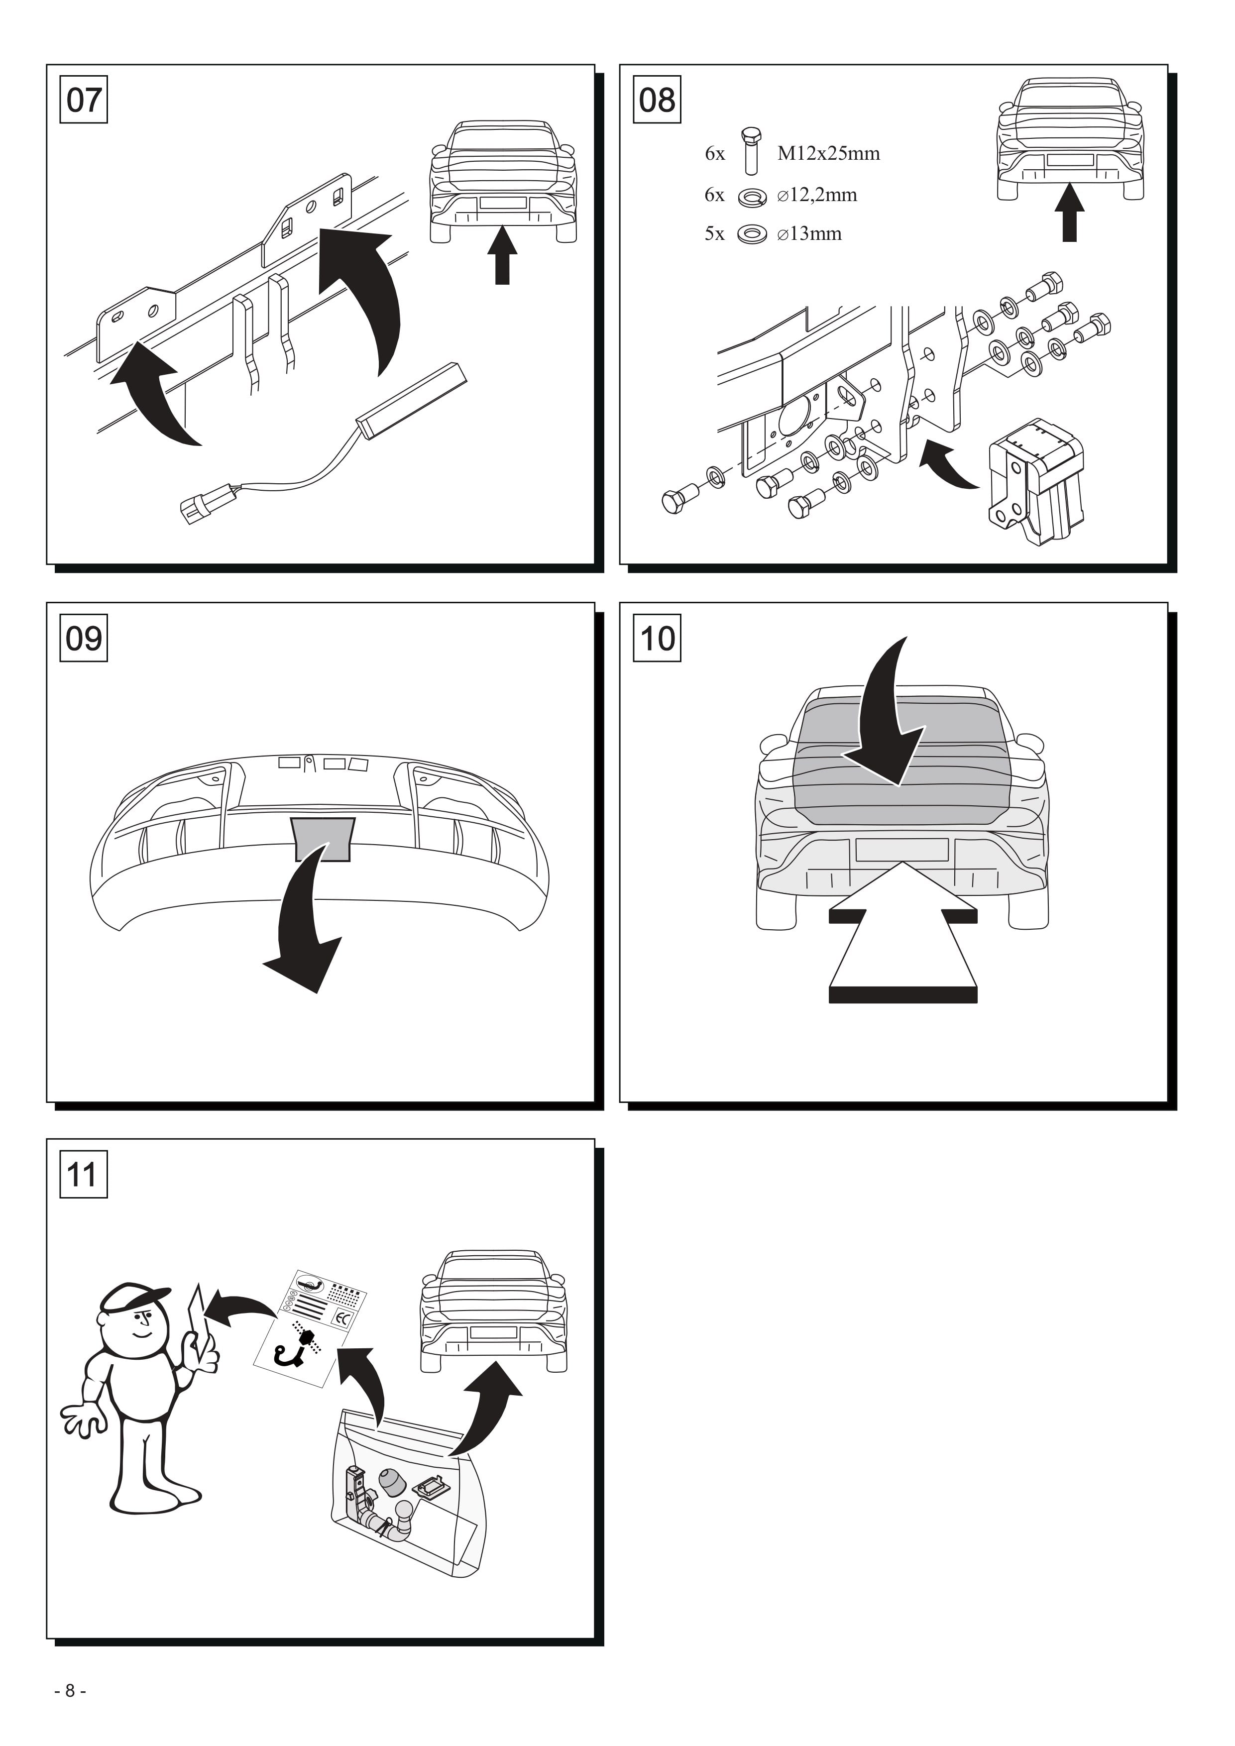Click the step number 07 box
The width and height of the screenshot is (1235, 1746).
coord(84,100)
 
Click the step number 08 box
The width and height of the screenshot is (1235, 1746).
coord(657,100)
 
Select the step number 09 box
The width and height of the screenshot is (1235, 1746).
coord(84,638)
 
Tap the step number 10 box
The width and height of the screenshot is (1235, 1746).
coord(657,638)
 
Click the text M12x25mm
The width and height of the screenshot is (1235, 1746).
coord(828,154)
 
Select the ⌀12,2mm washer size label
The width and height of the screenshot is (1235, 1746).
coord(817,196)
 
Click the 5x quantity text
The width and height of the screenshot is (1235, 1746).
coord(714,234)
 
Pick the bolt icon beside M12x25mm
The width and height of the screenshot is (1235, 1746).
coord(751,151)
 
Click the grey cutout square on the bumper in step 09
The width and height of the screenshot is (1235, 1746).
coord(323,839)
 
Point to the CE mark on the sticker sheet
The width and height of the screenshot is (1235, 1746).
coord(342,1318)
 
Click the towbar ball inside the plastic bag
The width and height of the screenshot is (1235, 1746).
coord(404,1510)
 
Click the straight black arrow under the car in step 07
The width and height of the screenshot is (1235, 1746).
coord(502,255)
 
